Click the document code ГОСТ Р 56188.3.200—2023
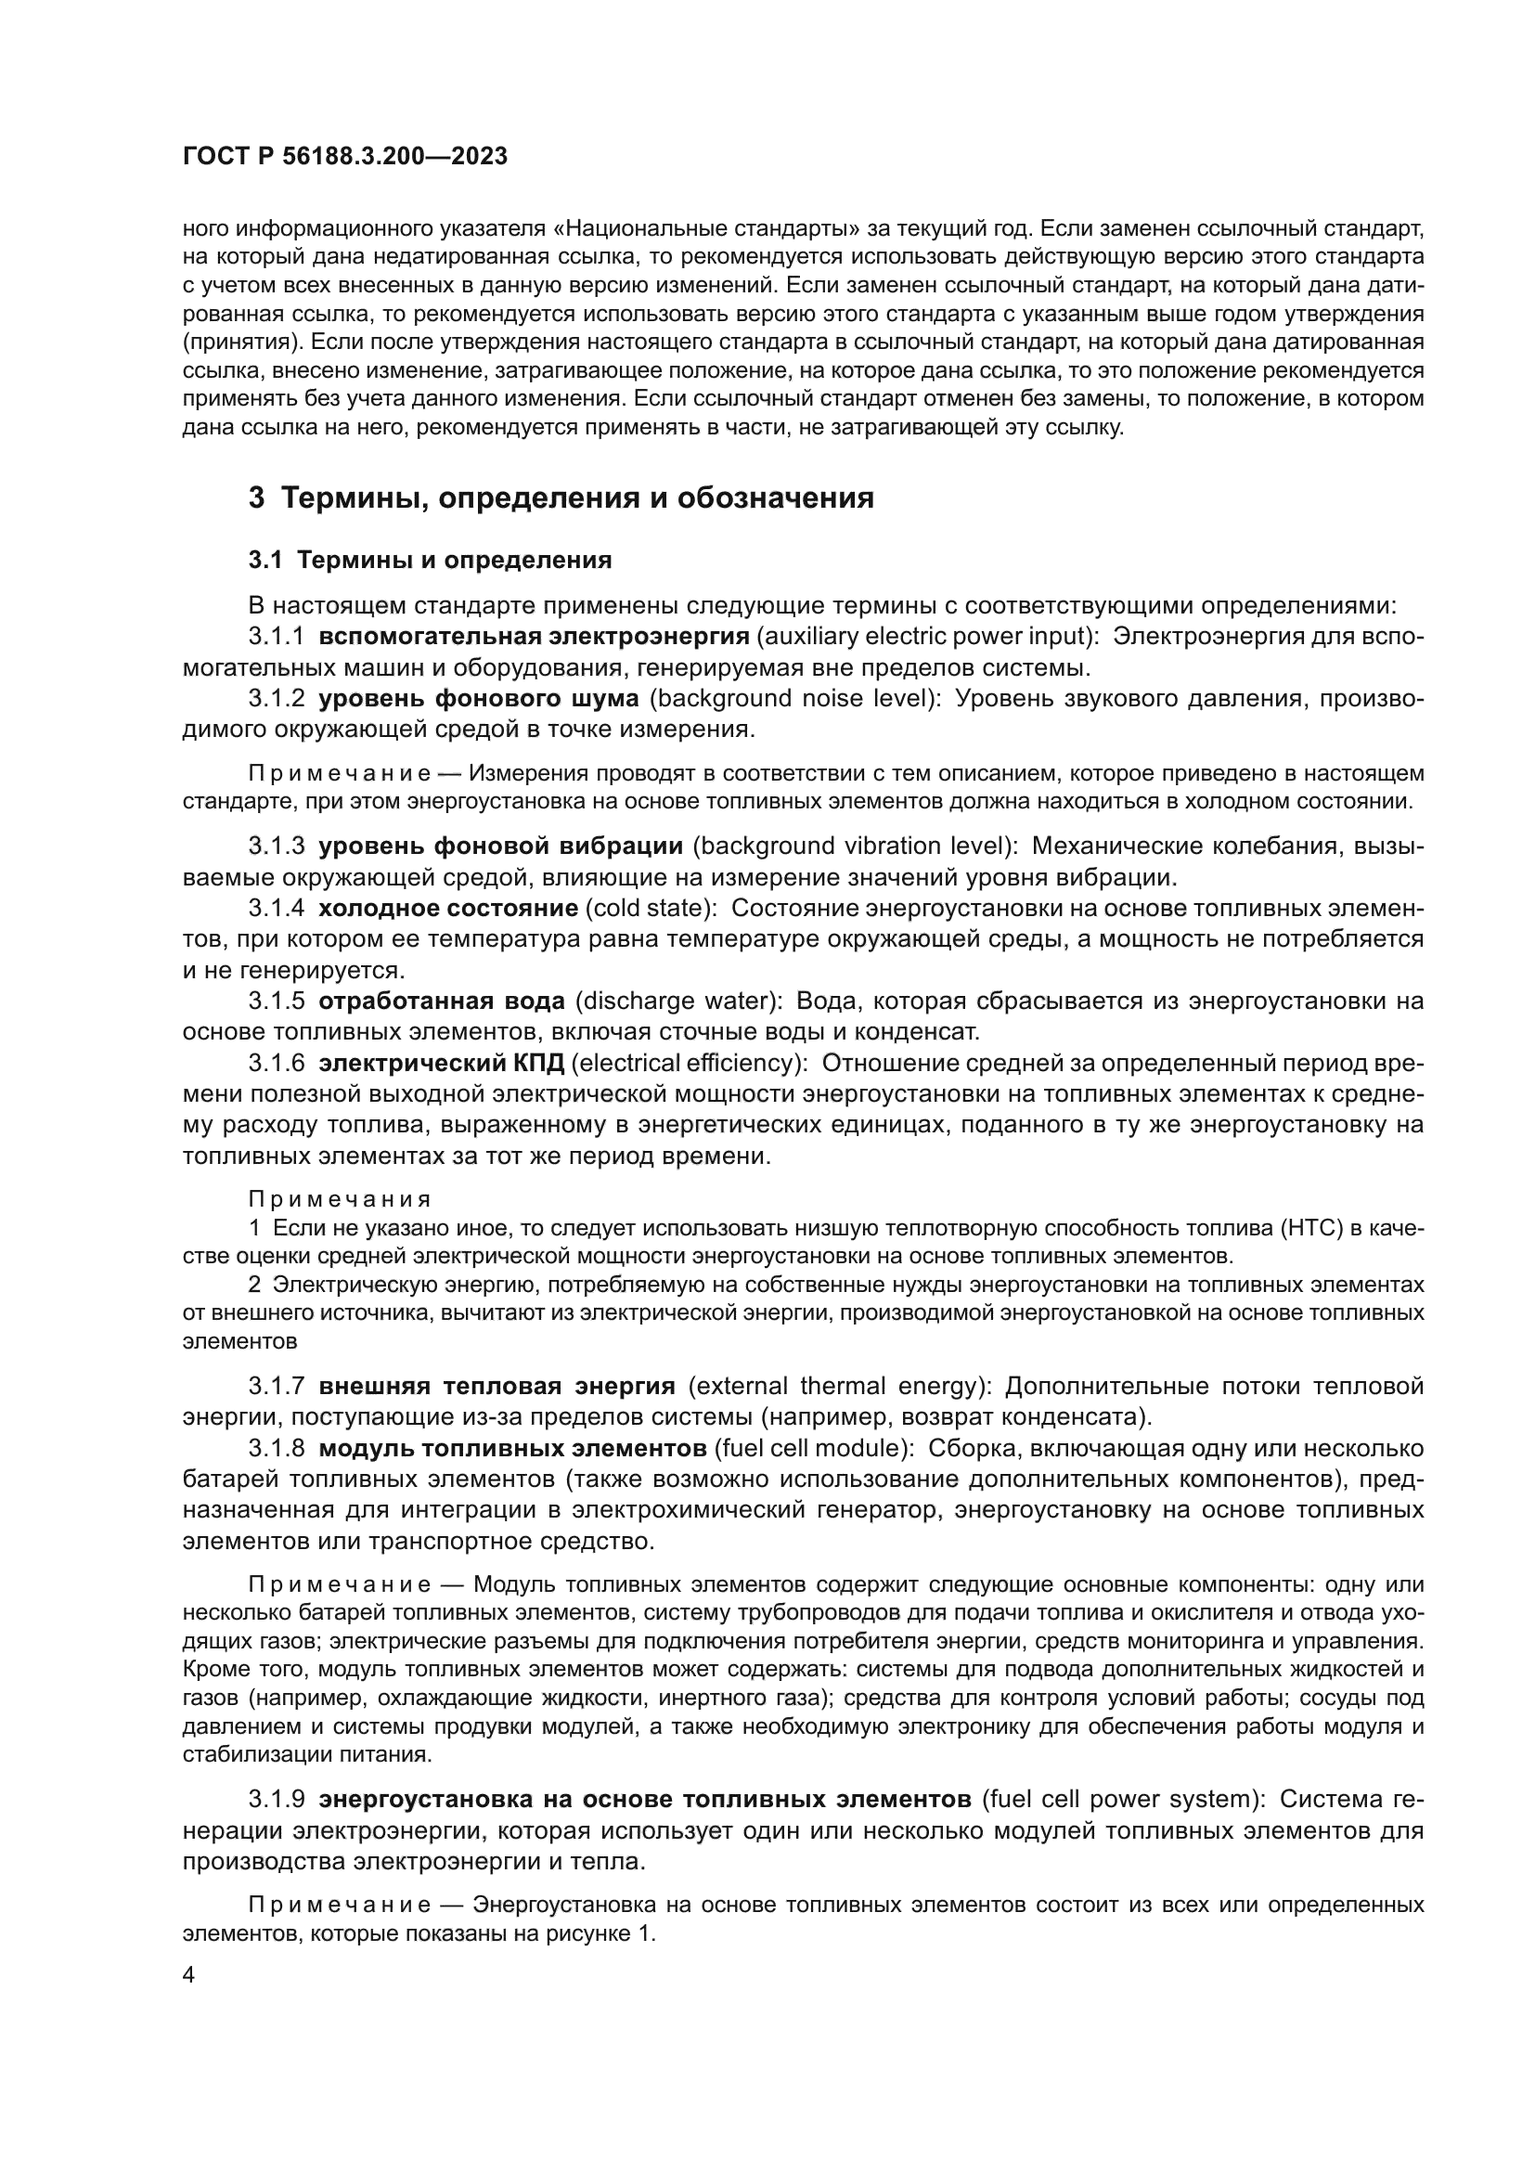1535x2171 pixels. (345, 157)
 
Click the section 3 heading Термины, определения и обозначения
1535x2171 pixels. (561, 498)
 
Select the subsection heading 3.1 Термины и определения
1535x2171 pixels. (430, 560)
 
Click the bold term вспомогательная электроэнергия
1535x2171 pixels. (534, 637)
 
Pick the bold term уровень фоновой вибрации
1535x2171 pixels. (501, 846)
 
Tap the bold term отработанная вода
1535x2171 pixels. (443, 1002)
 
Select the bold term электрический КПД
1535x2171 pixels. (442, 1064)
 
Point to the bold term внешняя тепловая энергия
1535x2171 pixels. (497, 1387)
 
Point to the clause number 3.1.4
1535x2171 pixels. (276, 909)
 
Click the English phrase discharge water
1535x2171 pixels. (677, 1002)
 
